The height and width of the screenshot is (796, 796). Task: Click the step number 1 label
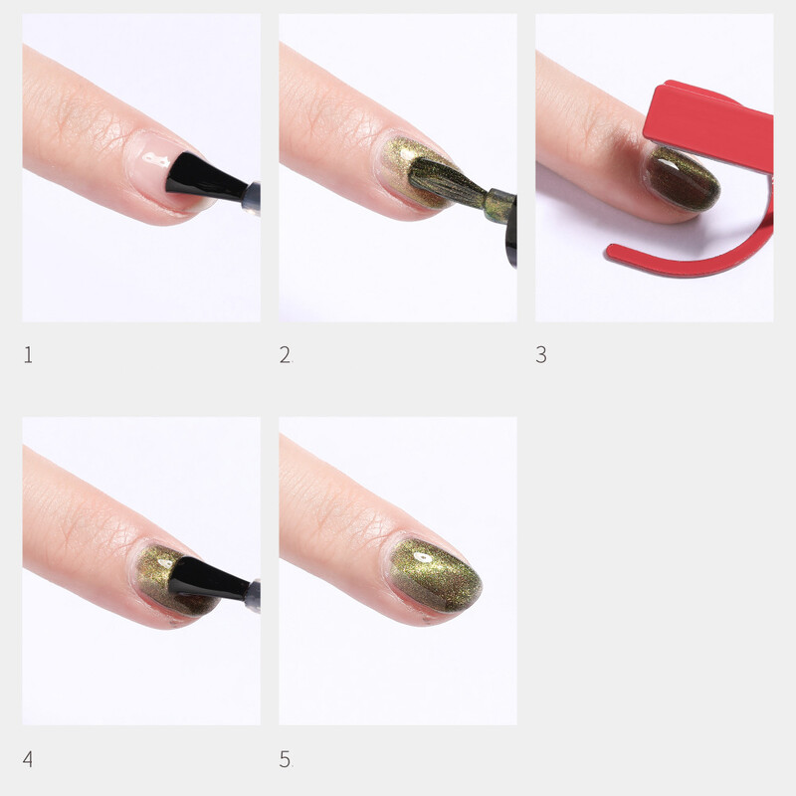click(28, 354)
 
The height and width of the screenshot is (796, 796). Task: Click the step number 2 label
click(286, 354)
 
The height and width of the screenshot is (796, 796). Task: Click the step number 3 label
click(541, 354)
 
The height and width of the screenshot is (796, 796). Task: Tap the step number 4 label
click(28, 759)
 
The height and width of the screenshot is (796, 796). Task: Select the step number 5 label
click(285, 759)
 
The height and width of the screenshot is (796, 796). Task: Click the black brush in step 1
click(202, 177)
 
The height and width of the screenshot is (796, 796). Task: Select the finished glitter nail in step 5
click(436, 576)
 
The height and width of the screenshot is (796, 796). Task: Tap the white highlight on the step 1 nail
click(155, 159)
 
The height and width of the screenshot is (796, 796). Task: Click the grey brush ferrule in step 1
click(253, 198)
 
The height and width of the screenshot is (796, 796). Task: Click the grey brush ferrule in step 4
click(253, 595)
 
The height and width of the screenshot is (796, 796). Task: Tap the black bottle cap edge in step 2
click(511, 231)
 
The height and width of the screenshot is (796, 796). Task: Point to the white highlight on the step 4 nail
click(164, 563)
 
